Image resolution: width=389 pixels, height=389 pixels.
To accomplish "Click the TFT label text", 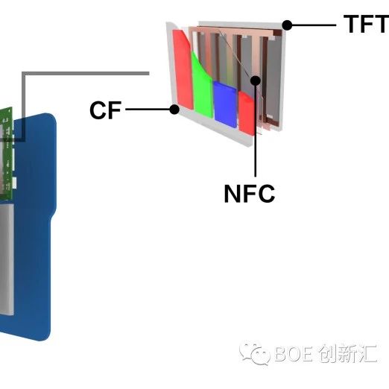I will click(365, 24).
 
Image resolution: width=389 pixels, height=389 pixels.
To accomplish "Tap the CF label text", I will click(105, 111).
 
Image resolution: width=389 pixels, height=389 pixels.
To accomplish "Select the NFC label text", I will click(249, 194).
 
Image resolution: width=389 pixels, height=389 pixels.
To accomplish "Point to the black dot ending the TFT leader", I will click(288, 25).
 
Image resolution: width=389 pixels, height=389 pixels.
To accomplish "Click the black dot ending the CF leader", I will click(174, 110).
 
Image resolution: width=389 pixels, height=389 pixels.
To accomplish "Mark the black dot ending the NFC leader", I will click(256, 80).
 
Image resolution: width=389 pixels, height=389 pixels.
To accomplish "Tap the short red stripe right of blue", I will click(245, 110).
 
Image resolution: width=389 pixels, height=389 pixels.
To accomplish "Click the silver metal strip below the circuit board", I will click(6, 261).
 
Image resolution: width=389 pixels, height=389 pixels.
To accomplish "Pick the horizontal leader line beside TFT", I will click(313, 25).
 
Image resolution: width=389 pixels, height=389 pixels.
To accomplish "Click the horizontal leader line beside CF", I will click(149, 110).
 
